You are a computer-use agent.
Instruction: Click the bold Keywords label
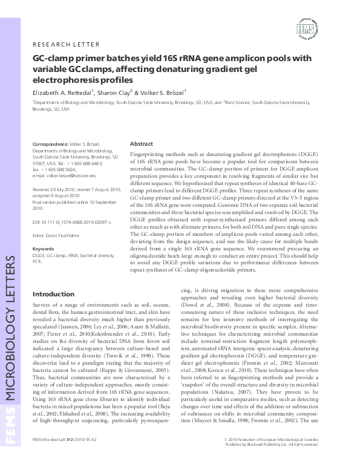[44, 265]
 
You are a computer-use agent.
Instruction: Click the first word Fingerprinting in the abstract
[148, 156]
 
